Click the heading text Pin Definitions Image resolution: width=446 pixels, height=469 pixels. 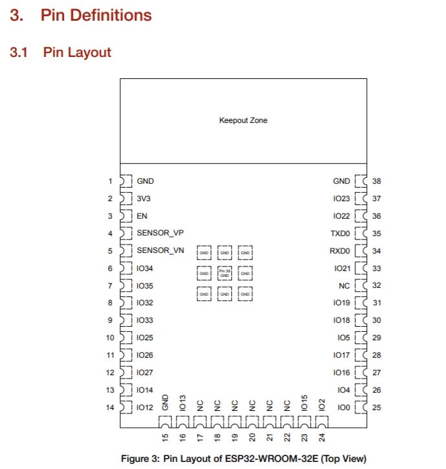pyautogui.click(x=96, y=15)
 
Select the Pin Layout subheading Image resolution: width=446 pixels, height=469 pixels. pyautogui.click(x=77, y=52)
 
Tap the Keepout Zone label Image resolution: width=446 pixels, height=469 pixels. pyautogui.click(x=243, y=120)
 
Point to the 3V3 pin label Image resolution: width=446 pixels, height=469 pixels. pyautogui.click(x=144, y=199)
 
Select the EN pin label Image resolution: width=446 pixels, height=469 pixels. pyautogui.click(x=142, y=216)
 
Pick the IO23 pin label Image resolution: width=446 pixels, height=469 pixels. pyautogui.click(x=341, y=199)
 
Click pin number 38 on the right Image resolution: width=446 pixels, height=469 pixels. pyautogui.click(x=377, y=182)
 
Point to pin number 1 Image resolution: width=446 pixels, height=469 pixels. pyautogui.click(x=110, y=182)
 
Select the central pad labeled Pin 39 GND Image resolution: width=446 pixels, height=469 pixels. pyautogui.click(x=225, y=274)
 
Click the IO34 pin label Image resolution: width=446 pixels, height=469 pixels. pyautogui.click(x=145, y=268)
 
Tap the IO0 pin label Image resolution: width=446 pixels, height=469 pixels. pyautogui.click(x=343, y=408)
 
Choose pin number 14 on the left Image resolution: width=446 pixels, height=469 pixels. pyautogui.click(x=109, y=408)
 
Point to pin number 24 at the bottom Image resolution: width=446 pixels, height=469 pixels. pyautogui.click(x=322, y=437)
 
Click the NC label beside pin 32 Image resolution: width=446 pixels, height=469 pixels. pyautogui.click(x=344, y=285)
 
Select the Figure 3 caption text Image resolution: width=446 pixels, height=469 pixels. pyautogui.click(x=243, y=459)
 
